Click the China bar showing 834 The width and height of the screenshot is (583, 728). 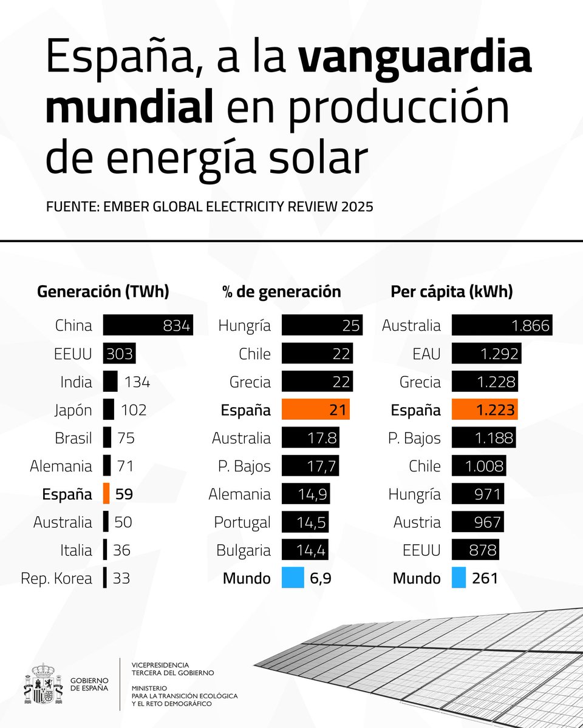tap(148, 325)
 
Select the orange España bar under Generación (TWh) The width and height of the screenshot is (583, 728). tap(106, 494)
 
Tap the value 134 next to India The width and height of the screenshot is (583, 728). tap(137, 382)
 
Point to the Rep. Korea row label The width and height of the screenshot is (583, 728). tap(56, 579)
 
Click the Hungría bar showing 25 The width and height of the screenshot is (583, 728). tap(322, 325)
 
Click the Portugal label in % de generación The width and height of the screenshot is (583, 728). tap(242, 522)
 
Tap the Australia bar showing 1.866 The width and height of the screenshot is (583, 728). tap(502, 325)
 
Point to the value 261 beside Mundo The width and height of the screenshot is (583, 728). tap(485, 578)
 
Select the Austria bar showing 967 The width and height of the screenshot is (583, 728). tap(477, 522)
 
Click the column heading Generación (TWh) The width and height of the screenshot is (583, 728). tap(103, 292)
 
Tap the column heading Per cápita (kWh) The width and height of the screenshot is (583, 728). tap(451, 292)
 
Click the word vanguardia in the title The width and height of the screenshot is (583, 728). tap(415, 59)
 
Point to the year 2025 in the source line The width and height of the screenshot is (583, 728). tap(357, 207)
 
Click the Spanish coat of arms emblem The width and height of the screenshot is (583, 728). tap(43, 684)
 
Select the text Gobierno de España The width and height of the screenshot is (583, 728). tap(89, 684)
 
